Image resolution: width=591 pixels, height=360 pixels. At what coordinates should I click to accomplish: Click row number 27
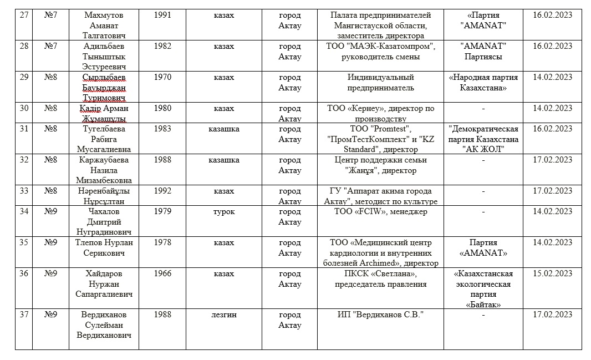coord(23,16)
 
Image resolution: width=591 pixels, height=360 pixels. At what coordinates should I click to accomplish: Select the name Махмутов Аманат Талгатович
coord(103,26)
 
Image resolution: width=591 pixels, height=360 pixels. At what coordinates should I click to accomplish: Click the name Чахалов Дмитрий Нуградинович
coord(103,221)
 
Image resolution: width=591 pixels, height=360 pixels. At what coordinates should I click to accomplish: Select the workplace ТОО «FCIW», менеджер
coord(380,211)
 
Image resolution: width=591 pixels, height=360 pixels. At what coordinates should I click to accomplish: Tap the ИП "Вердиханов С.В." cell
coord(380,315)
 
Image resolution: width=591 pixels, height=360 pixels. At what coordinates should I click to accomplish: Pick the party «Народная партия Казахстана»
coord(483,83)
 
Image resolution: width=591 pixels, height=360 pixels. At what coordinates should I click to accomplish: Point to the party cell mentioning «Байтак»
coord(483,289)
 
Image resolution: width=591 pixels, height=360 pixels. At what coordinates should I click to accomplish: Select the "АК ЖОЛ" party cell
coord(483,139)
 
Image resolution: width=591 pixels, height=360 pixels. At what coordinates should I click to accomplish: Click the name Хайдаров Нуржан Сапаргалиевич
coord(103,284)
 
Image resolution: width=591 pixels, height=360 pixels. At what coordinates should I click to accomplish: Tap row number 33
coord(23,191)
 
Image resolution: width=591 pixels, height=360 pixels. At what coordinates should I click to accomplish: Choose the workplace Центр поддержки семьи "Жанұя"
coord(380,165)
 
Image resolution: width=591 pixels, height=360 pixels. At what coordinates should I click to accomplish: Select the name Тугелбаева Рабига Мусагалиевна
coord(103,139)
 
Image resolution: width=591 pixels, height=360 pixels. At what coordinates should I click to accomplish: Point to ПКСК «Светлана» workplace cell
coord(380,279)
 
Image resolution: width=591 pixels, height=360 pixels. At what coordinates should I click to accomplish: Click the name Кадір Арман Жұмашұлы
coord(103,113)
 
